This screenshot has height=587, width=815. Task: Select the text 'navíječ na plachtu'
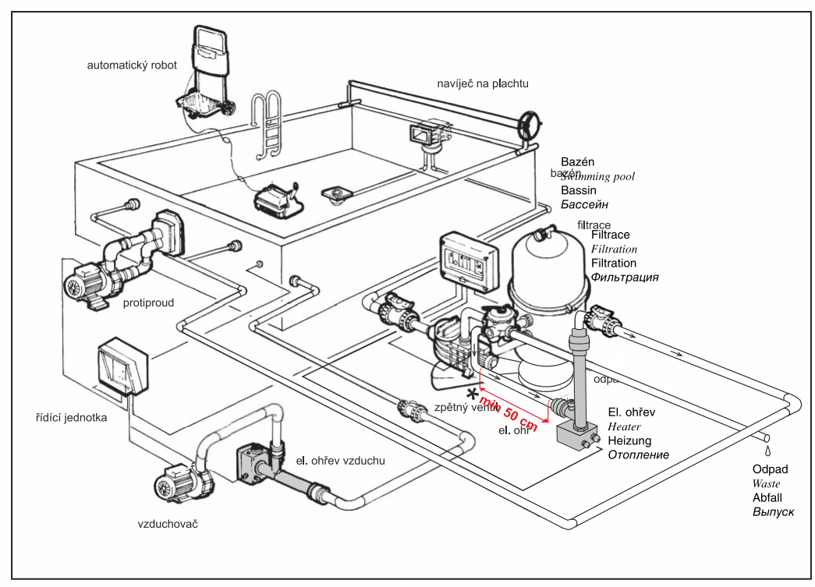(483, 83)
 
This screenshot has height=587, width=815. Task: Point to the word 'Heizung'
(629, 440)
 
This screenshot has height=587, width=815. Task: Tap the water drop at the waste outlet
(768, 451)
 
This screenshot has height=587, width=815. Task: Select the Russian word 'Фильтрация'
(624, 278)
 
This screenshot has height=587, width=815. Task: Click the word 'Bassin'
(578, 190)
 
